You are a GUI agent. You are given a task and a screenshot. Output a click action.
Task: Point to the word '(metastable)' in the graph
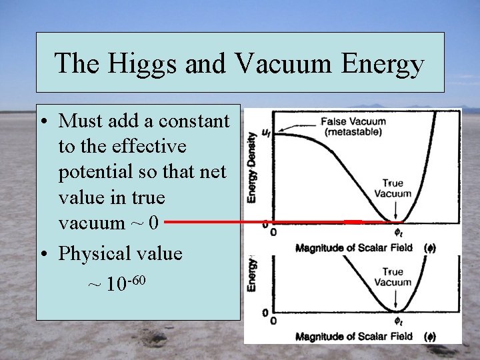pos(353,132)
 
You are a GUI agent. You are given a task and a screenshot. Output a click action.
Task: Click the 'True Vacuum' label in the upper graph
pos(393,188)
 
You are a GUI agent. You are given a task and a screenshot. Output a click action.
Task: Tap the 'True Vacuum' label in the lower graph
pos(393,277)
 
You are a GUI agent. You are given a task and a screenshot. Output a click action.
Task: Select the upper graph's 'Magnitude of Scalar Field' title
pos(353,248)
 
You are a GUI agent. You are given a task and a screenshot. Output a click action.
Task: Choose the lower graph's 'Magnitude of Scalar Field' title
pos(353,337)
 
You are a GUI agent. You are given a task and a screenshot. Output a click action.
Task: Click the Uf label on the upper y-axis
pos(266,133)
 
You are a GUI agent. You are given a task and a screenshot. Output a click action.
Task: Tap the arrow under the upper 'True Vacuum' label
pos(397,210)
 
